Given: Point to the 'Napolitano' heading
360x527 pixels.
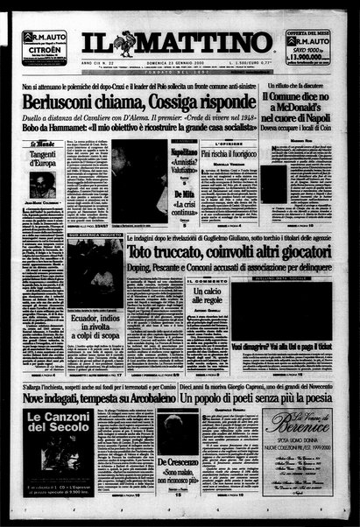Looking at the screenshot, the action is coord(181,151).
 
